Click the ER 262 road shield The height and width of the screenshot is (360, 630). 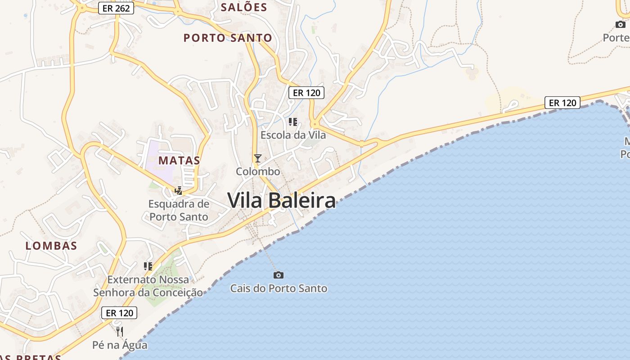click(116, 8)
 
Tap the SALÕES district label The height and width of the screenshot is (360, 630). click(244, 7)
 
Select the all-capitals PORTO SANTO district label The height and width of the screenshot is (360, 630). click(228, 38)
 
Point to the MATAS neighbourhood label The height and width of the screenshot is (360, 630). click(179, 160)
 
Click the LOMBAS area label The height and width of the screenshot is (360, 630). click(51, 246)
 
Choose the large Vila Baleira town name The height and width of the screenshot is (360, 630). click(282, 200)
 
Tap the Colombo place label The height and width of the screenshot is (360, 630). click(258, 171)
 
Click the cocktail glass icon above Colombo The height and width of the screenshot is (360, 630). click(258, 158)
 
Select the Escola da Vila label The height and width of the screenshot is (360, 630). click(293, 135)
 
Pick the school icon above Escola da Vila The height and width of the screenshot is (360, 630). click(293, 121)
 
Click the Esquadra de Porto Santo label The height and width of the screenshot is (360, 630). click(179, 210)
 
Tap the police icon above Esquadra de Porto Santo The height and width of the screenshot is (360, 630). click(179, 191)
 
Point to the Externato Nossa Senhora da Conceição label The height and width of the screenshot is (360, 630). click(148, 286)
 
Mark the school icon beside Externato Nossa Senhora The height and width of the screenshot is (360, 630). click(148, 266)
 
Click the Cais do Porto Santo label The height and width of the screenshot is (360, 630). click(279, 288)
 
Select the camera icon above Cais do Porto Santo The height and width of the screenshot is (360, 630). click(279, 275)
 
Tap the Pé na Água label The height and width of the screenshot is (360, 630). click(120, 345)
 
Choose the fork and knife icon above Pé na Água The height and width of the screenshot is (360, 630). click(120, 332)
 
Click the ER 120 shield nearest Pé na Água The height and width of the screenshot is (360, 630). click(119, 313)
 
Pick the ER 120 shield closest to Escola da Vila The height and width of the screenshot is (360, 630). click(306, 93)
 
